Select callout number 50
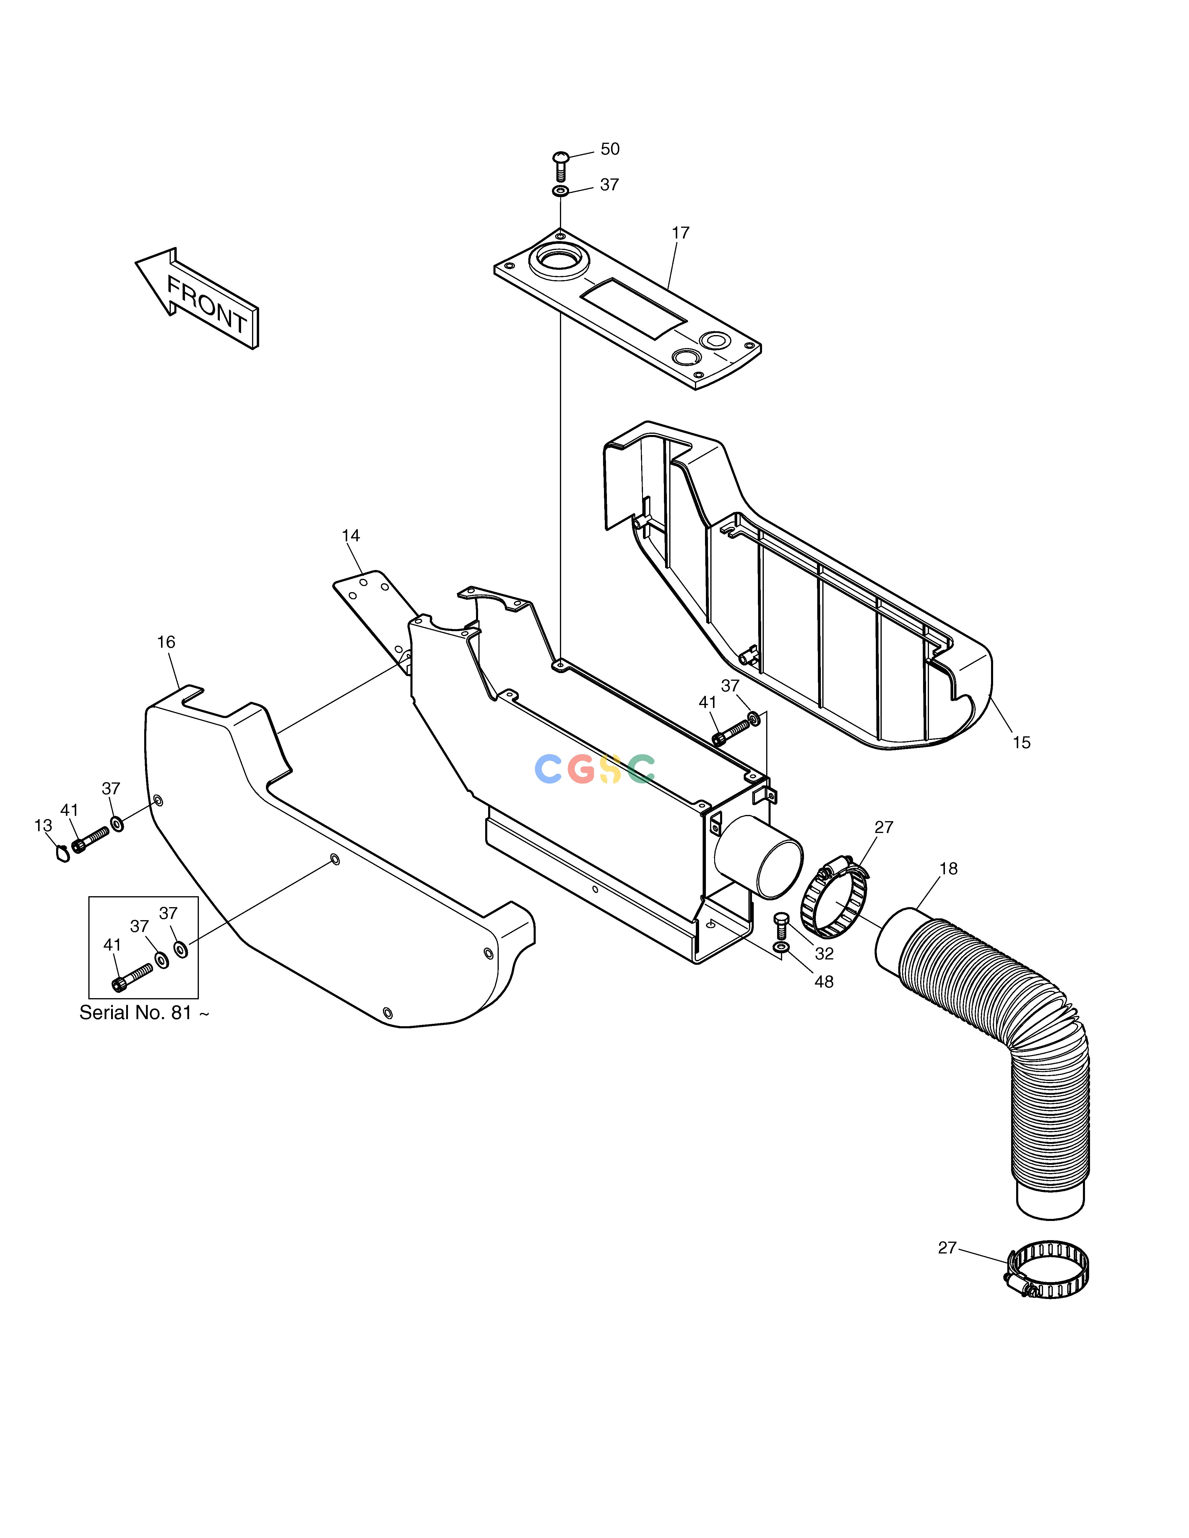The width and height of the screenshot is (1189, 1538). (x=610, y=149)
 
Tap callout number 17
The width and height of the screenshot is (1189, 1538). (x=680, y=232)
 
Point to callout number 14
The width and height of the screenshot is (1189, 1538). (x=351, y=536)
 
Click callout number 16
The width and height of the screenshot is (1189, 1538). (x=166, y=642)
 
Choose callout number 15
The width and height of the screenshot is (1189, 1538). (x=1021, y=742)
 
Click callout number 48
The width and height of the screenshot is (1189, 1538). (x=824, y=982)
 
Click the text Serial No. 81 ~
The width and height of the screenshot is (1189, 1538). (x=144, y=1013)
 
